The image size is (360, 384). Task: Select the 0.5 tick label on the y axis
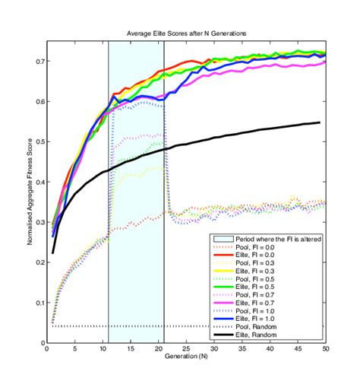39,141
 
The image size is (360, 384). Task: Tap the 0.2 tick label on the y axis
39,262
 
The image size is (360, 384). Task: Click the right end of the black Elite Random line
320,122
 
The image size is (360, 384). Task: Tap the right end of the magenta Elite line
326,62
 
